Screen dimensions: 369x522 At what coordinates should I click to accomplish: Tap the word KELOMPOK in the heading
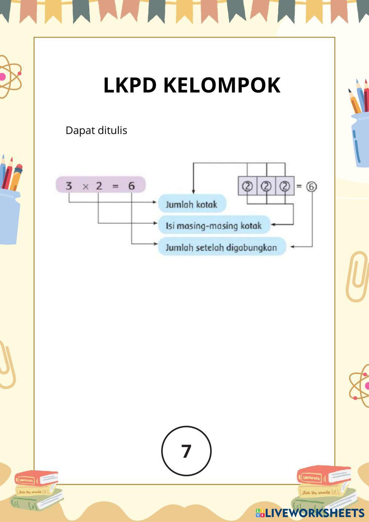coord(222,85)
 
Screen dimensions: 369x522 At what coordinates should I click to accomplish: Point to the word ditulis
coord(111,130)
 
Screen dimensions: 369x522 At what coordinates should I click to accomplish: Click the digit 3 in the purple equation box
coord(69,186)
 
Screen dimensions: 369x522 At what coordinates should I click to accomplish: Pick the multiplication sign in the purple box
coord(86,186)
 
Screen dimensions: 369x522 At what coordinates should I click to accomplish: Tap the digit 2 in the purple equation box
coord(99,186)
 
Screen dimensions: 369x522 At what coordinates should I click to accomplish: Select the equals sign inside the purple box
coord(115,186)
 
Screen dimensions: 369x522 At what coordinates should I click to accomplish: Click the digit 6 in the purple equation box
coord(132,186)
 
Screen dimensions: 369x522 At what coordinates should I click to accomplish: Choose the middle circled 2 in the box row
coord(266,186)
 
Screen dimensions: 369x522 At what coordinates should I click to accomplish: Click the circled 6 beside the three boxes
coord(311,186)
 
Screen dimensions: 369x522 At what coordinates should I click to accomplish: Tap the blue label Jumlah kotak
coord(192,204)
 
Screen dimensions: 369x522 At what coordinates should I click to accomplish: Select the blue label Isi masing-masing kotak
coord(214,226)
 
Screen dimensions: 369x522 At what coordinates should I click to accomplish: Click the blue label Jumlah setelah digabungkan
coord(221,247)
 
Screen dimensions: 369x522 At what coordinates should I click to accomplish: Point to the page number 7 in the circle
coord(186,451)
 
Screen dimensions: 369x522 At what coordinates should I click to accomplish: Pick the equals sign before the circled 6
coord(299,186)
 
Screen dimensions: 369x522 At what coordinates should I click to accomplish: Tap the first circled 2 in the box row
coord(247,186)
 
